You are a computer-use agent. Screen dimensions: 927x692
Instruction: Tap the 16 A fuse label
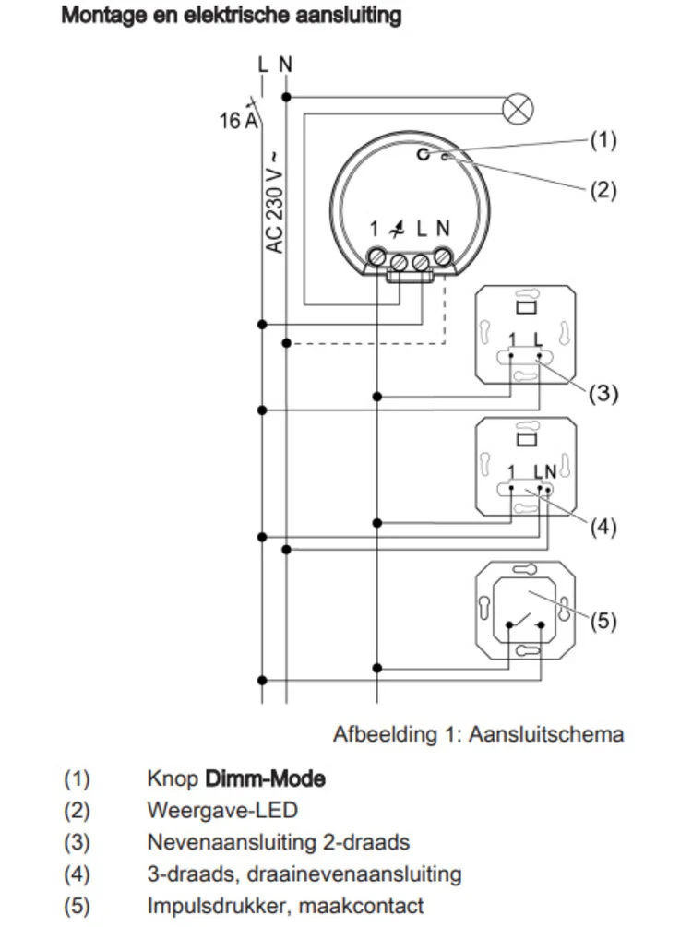(x=237, y=121)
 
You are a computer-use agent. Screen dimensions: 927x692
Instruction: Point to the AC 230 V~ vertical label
(x=275, y=201)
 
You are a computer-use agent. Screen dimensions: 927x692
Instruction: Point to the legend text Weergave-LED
(x=222, y=811)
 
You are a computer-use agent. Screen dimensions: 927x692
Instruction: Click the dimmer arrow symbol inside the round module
(x=399, y=228)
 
